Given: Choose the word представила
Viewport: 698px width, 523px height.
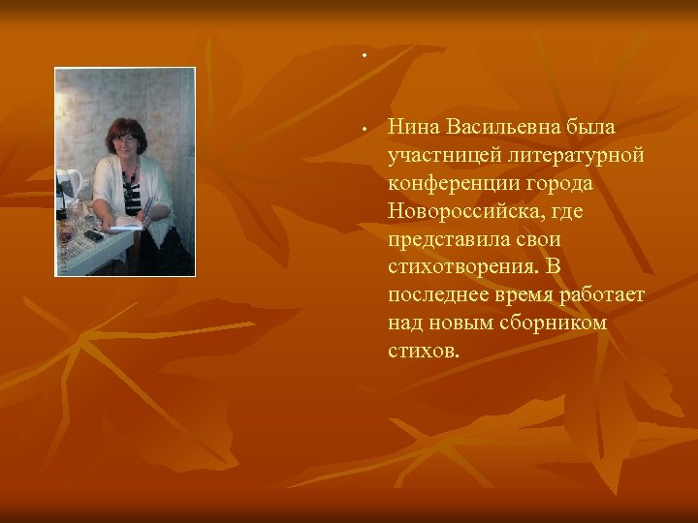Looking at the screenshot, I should (x=440, y=238).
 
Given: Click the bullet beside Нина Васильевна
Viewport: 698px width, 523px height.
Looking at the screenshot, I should (x=362, y=126).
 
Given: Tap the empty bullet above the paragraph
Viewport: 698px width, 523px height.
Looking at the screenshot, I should (x=365, y=55).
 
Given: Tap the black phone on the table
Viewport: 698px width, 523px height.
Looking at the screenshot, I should (x=93, y=234).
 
